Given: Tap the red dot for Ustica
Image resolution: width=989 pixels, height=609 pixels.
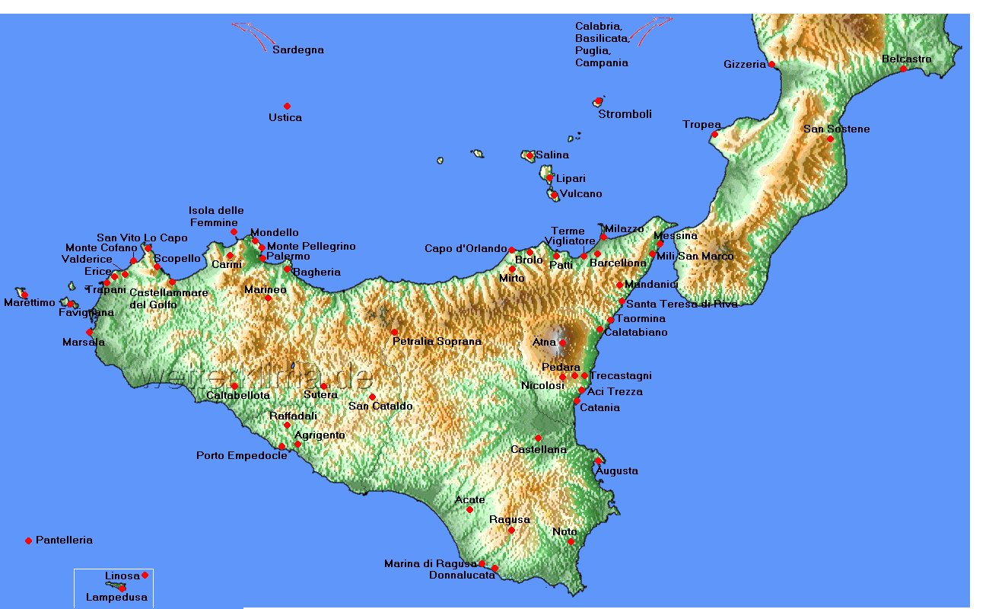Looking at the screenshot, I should (287, 106).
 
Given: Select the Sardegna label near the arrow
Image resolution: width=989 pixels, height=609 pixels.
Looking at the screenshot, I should (298, 50).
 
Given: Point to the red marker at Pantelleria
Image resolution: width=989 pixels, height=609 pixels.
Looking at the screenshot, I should (29, 540).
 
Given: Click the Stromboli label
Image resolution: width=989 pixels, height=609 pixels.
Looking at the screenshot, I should (625, 115).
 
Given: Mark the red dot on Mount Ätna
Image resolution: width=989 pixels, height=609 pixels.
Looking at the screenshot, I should (562, 343).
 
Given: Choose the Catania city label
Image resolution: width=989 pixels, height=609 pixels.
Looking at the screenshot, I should (599, 408).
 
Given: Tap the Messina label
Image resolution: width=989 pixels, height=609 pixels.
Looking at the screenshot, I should (675, 236).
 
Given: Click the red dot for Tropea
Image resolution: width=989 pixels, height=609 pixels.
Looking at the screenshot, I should (714, 135).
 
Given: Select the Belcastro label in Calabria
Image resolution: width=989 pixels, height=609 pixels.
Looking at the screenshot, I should (907, 59).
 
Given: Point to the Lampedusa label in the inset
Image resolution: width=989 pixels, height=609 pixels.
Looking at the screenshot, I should (117, 598).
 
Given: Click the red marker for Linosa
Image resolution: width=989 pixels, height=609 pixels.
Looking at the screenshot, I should (145, 575).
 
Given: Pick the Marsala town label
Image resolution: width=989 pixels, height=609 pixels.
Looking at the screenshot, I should (84, 343).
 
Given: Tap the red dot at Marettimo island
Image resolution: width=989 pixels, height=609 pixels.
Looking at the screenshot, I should (24, 295).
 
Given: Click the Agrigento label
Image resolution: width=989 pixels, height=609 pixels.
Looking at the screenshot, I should (320, 435).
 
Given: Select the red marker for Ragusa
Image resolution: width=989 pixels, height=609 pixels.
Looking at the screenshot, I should (511, 530).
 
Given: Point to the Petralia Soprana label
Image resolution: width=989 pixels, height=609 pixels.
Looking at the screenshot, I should (437, 342).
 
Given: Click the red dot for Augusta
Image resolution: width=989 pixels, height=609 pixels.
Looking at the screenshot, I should (599, 461).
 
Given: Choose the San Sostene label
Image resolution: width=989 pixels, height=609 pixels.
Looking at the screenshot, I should (837, 129).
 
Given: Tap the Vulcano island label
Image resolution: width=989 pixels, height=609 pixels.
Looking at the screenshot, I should (580, 194).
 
